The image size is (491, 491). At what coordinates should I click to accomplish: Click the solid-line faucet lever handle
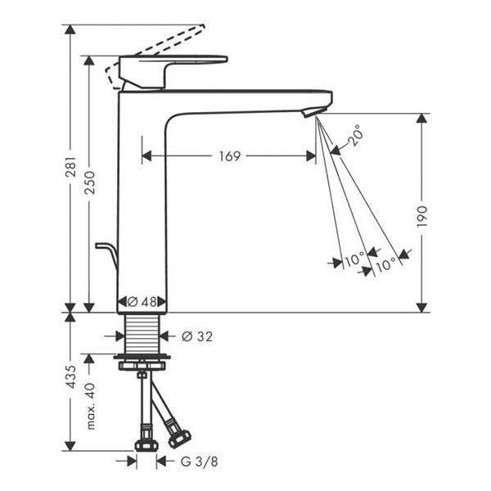(x=172, y=65)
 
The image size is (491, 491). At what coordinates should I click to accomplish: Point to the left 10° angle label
(x=354, y=262)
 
